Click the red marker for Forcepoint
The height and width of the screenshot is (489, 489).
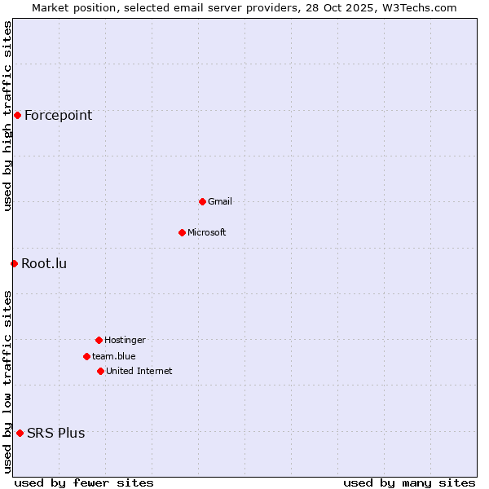[17, 115]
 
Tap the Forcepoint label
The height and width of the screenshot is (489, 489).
[58, 115]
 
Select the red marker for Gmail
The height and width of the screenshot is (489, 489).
[202, 201]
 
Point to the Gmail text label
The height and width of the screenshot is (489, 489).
[219, 201]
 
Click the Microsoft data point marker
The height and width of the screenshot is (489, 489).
[182, 232]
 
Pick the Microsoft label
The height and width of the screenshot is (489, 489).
[206, 232]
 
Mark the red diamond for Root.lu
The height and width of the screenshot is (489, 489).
[14, 263]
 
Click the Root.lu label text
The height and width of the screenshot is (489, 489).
[44, 263]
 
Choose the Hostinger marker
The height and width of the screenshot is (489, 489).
[99, 340]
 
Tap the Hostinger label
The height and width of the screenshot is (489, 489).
[125, 340]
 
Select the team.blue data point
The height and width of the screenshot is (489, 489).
[86, 356]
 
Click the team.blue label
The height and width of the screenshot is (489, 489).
[113, 356]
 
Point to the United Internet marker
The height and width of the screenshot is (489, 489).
[100, 371]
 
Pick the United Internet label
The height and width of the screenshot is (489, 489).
[139, 371]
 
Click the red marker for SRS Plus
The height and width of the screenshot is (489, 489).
[20, 433]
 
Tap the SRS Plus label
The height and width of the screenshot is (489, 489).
[55, 433]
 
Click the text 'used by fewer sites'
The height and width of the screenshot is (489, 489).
[84, 482]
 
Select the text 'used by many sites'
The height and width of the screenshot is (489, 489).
[409, 482]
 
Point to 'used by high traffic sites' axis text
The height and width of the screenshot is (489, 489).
[7, 116]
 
